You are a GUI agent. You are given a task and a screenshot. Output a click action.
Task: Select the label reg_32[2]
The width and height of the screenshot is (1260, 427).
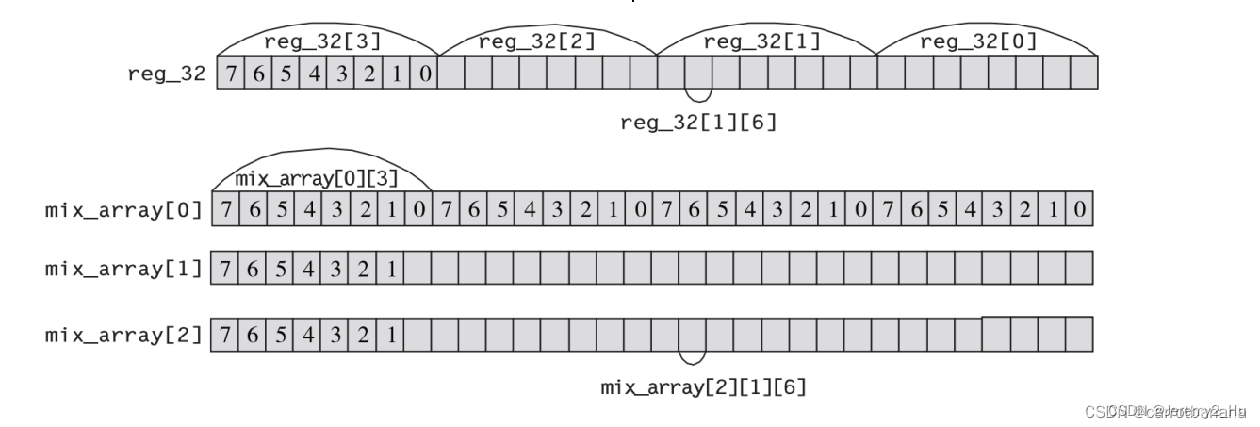coord(523,41)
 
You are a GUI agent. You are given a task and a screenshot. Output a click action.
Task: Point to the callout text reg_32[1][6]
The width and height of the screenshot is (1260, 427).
coord(698,123)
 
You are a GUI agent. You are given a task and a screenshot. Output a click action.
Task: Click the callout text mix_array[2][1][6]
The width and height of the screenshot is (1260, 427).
coord(704,386)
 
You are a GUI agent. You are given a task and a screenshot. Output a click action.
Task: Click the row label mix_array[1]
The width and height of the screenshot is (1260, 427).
coord(123,269)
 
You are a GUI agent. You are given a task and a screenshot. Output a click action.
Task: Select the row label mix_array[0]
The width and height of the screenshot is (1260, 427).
coord(123,209)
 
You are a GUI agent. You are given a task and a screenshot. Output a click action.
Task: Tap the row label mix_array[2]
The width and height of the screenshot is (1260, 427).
coord(123,334)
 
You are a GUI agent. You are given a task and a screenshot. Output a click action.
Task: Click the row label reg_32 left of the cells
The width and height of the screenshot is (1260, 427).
coord(166,74)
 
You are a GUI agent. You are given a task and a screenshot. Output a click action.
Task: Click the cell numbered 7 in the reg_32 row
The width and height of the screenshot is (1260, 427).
coord(230,74)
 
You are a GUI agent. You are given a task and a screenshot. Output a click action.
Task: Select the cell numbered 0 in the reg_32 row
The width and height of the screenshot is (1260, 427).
coord(424,74)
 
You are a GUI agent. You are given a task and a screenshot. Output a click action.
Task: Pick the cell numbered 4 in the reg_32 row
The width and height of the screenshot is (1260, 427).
coord(314,74)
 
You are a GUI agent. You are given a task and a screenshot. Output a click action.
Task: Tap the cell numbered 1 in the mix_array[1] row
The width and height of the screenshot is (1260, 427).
coord(391,269)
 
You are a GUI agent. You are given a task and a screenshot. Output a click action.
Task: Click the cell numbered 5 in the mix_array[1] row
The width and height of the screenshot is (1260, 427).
coord(282,269)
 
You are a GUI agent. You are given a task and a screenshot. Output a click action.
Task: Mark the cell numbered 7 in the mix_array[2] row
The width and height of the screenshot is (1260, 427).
coord(226,334)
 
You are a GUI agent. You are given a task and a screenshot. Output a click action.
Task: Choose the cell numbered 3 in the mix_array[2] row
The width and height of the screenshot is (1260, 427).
coord(336,334)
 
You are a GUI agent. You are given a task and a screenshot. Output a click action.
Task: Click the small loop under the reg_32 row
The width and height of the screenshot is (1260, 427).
coord(698,94)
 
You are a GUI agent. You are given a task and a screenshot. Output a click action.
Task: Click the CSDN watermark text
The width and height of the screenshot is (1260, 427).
coord(1165,411)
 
